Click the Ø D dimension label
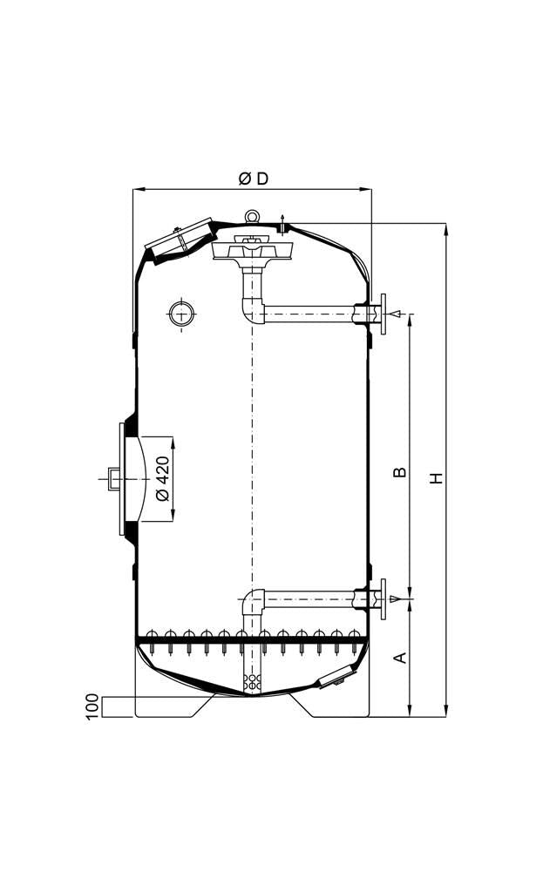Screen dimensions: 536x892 coord(254,179)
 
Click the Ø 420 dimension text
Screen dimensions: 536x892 coord(162,478)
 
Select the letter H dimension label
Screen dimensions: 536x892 coord(437,478)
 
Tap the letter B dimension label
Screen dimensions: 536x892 coord(401,471)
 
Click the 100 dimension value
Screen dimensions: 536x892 coord(93,707)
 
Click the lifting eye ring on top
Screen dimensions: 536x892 coord(252,216)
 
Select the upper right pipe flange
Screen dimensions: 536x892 coord(383,314)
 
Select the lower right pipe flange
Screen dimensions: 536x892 coord(383,598)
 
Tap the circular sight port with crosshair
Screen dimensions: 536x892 coord(182,314)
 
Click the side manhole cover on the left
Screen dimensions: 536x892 coord(122,479)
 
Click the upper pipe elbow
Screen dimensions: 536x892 coord(251,311)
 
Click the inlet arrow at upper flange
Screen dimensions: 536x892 coord(397,314)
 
